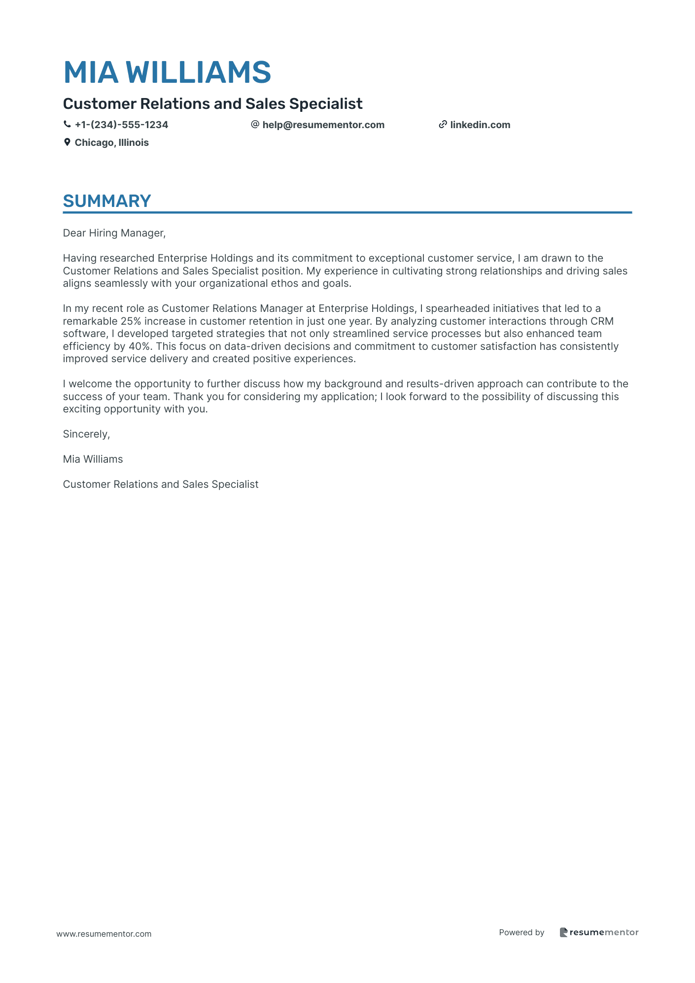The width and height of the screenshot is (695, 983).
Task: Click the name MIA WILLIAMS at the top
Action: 167,72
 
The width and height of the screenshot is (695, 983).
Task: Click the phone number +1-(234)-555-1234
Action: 121,125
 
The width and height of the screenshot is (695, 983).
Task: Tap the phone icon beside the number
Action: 67,125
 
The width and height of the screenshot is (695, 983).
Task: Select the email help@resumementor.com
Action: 323,125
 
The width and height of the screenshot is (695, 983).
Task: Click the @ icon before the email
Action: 255,125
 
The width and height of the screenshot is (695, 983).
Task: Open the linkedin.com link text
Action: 480,125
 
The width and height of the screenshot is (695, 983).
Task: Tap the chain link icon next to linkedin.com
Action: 443,125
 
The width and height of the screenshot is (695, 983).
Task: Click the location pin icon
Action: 67,142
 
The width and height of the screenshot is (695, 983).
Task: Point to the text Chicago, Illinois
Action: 111,142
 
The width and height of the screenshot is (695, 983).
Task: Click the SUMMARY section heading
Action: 107,201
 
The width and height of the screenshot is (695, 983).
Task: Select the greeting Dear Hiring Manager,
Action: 114,233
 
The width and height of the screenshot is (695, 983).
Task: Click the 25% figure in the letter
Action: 131,321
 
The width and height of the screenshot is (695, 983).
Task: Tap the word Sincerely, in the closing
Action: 86,434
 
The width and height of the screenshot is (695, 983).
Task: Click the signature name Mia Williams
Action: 93,459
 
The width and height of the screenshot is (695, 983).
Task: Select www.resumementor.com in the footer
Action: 104,934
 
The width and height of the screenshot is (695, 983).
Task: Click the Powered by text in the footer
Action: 521,932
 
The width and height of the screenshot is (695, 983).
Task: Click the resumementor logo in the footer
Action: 599,932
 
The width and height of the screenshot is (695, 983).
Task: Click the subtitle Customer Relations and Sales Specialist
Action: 212,104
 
